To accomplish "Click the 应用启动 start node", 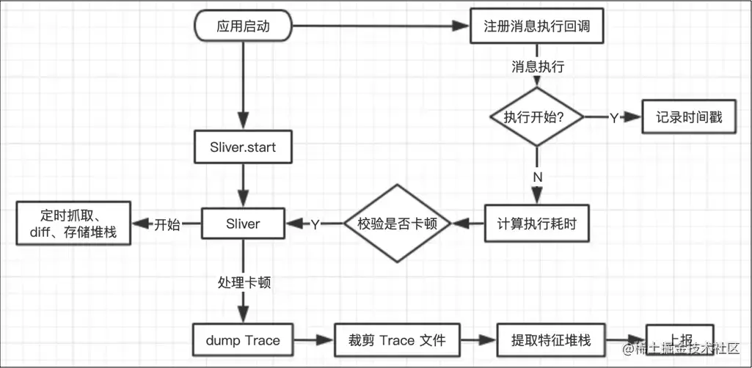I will pos(243,27).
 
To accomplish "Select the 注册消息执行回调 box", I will pos(537,27).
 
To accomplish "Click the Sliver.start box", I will pos(243,147).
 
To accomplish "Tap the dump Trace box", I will pos(243,340).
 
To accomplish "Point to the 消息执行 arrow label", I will pos(537,67).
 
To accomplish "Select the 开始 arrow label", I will pos(167,224).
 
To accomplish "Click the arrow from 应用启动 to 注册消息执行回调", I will pos(382,27).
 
